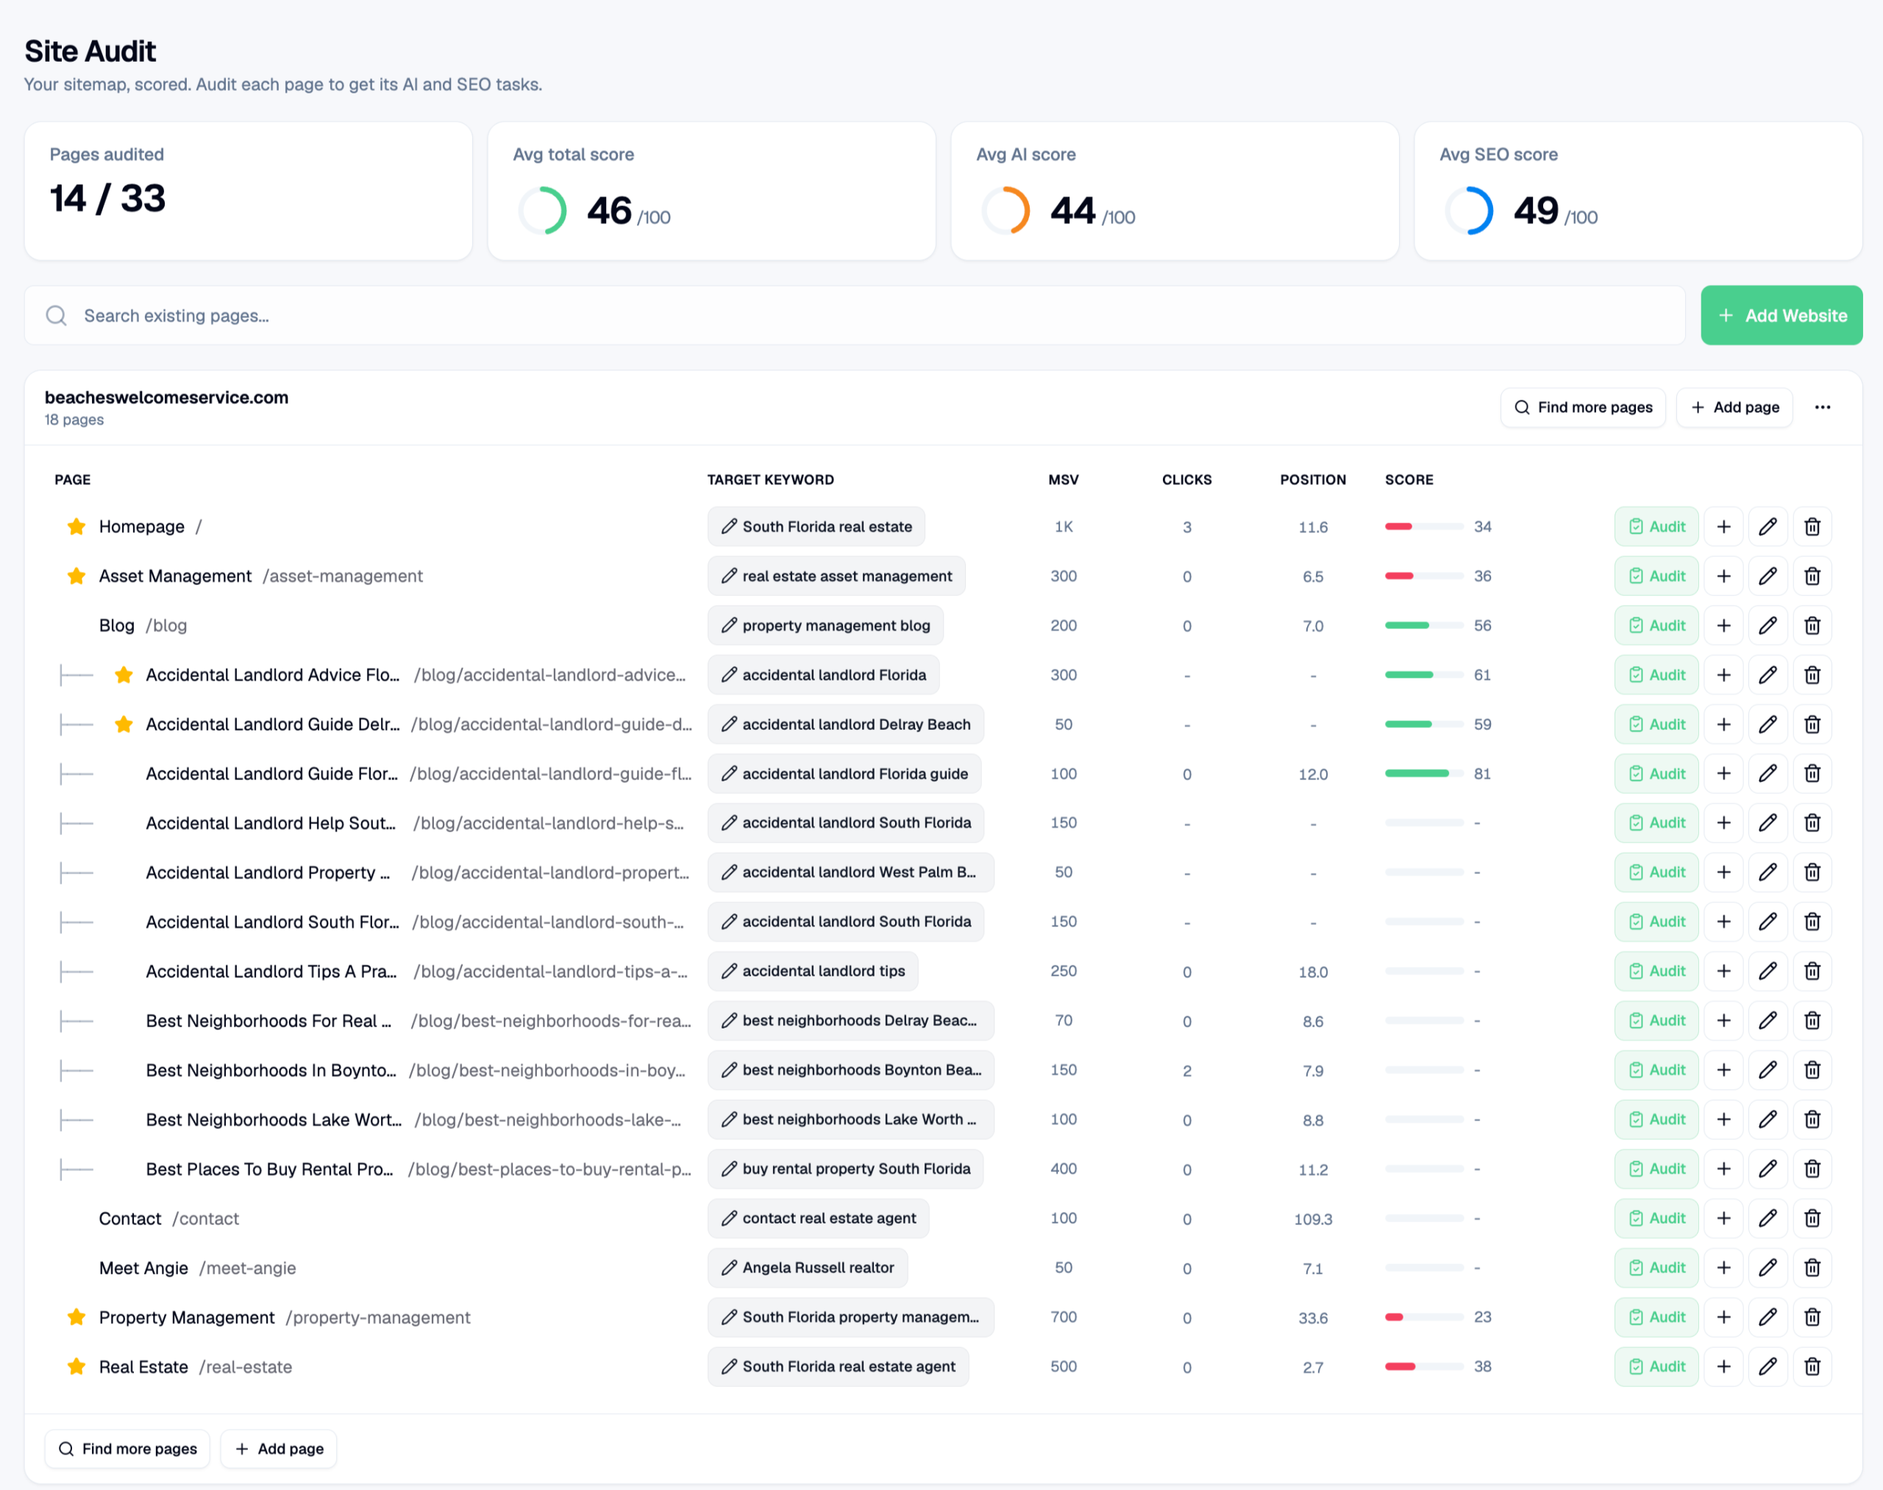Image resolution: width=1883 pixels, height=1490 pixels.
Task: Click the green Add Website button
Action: tap(1781, 315)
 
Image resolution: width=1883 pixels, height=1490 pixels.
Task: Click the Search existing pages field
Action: tap(855, 315)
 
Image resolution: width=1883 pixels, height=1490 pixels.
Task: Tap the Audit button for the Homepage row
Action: tap(1656, 526)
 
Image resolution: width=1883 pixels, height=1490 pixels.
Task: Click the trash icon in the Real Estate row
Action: tap(1812, 1366)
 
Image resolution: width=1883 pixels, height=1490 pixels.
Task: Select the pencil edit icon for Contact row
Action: tap(1768, 1218)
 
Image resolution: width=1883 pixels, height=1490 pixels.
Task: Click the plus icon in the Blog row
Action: tap(1723, 625)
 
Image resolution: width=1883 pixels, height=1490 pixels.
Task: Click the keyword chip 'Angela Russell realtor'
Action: tap(808, 1268)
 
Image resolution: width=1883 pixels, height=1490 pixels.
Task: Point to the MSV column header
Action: tap(1063, 479)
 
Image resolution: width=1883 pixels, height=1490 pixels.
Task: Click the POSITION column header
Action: tap(1313, 479)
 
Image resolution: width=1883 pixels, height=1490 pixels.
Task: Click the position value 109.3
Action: tap(1313, 1218)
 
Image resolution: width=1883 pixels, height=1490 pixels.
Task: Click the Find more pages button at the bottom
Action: tap(127, 1448)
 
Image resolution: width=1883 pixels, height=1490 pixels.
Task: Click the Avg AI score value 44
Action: tap(1072, 210)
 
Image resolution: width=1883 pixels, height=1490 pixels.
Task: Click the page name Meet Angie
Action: tap(143, 1268)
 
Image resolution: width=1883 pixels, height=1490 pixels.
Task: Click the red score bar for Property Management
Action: tap(1394, 1316)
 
